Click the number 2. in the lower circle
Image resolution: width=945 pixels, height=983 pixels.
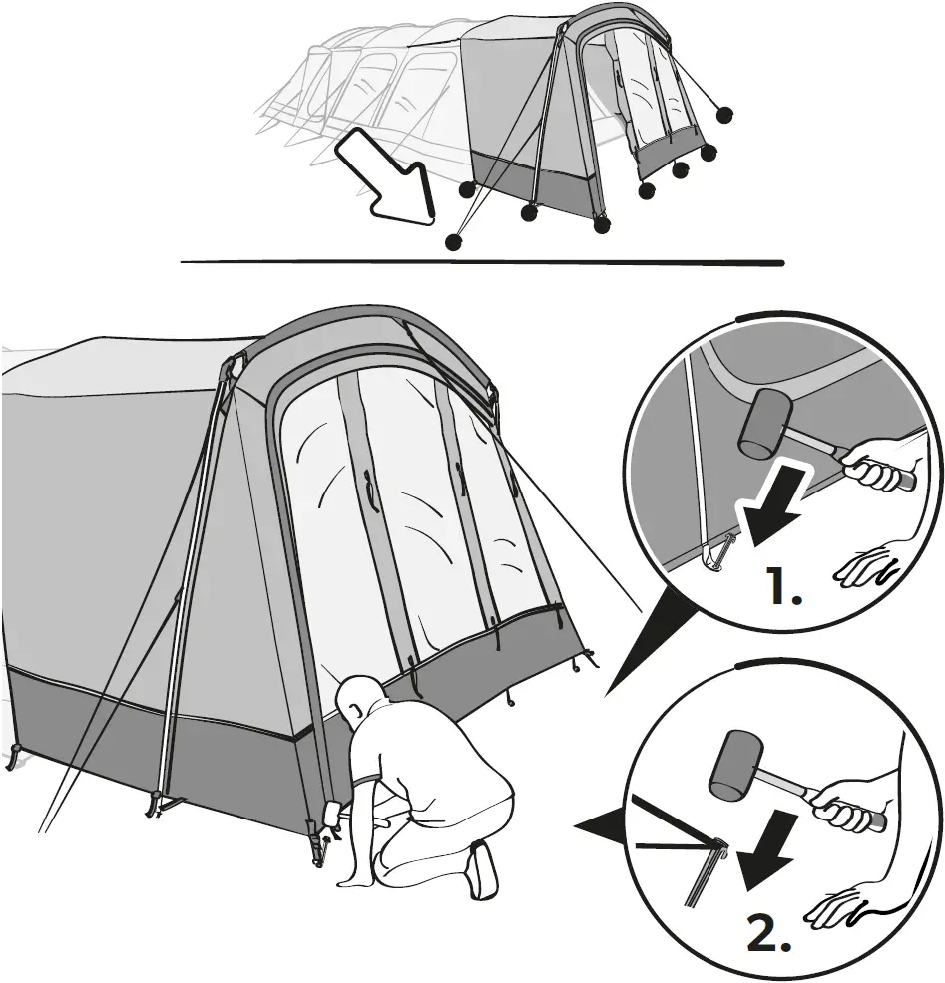[770, 933]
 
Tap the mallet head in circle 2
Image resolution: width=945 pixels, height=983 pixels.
[735, 765]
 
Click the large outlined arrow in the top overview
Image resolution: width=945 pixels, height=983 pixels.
[388, 179]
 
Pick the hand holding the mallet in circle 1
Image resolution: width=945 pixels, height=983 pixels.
[876, 472]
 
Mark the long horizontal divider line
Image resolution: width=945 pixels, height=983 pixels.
[482, 263]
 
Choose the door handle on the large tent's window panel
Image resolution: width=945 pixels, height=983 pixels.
[372, 492]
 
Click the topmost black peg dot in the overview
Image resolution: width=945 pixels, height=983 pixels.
[725, 115]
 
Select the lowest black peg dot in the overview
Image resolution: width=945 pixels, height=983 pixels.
[454, 240]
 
